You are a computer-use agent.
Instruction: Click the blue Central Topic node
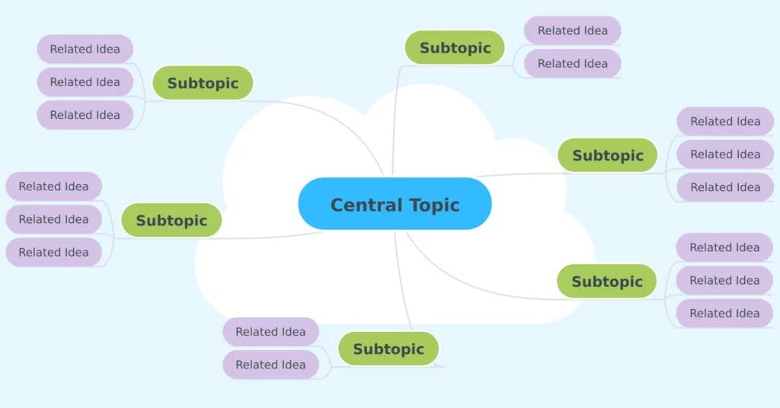point(395,204)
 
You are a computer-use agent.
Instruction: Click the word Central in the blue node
point(361,205)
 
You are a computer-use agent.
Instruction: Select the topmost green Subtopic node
point(455,48)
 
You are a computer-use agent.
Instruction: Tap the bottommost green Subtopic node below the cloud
point(388,349)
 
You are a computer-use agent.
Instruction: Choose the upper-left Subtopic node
point(203,83)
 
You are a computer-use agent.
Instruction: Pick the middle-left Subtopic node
point(171,221)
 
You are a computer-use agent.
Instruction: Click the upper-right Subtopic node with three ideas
point(608,155)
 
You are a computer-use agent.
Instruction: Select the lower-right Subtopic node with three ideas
point(607,282)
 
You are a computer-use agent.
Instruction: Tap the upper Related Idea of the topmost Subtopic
point(572,31)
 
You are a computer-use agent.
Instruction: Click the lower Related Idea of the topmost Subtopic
point(572,64)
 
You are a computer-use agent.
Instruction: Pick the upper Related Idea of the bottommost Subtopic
point(270,332)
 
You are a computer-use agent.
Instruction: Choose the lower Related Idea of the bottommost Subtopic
point(270,365)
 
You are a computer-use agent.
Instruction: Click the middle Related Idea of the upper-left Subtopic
point(85,82)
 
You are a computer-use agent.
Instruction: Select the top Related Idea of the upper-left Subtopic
point(85,49)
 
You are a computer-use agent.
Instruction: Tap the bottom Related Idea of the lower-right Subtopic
point(724,313)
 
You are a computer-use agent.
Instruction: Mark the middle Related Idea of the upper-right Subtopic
point(725,155)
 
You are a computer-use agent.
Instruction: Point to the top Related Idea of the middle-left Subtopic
point(53,186)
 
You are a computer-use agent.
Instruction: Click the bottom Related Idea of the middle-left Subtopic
point(53,252)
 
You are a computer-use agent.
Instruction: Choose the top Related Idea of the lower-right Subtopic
point(724,247)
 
